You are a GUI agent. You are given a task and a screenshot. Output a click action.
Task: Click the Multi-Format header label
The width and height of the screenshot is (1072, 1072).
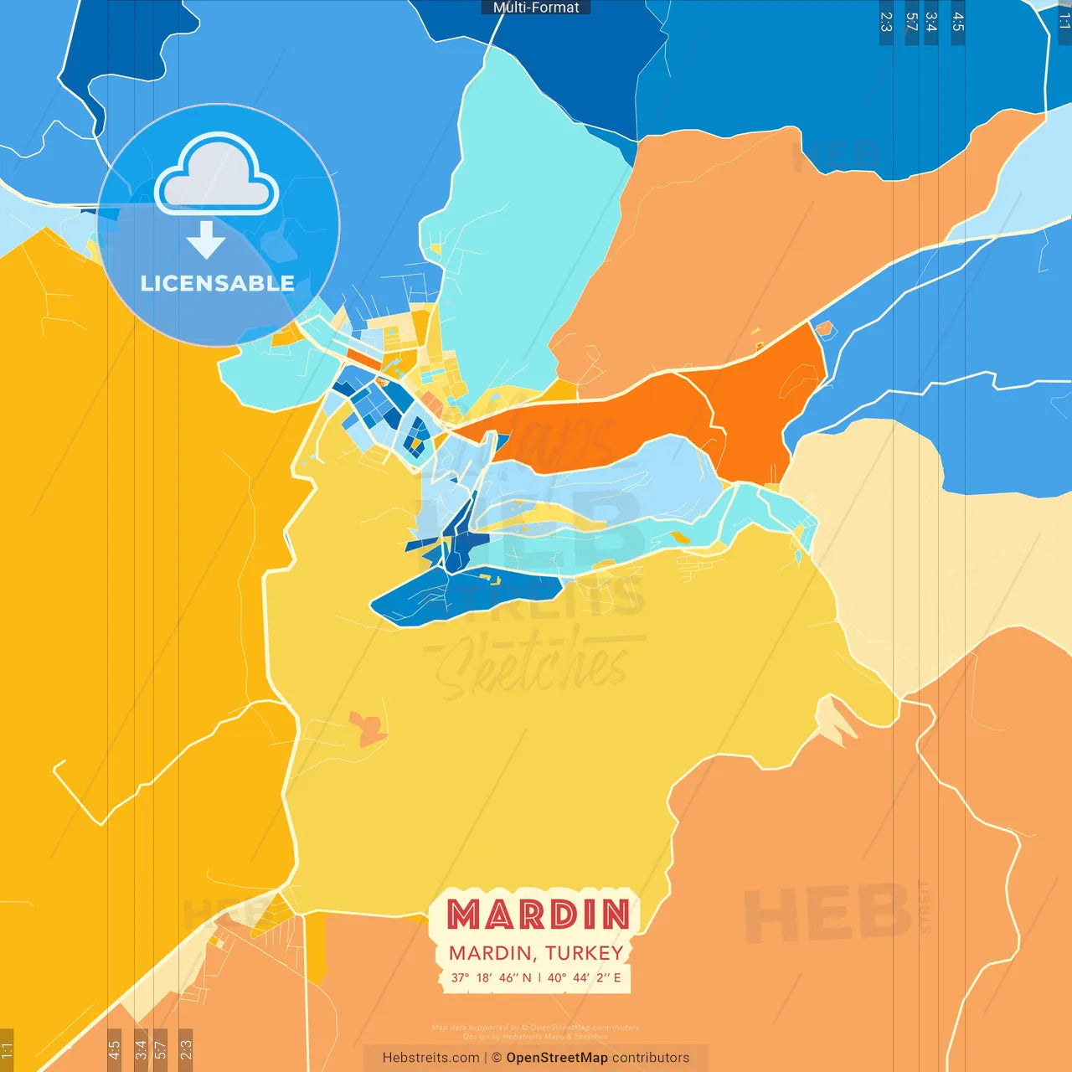pyautogui.click(x=536, y=8)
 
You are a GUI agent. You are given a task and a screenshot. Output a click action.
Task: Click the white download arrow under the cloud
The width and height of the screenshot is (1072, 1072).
pyautogui.click(x=206, y=240)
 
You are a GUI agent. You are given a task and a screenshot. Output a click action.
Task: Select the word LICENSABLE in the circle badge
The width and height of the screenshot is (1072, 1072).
pyautogui.click(x=218, y=284)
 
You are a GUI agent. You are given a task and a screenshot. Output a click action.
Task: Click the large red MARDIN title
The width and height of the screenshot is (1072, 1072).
pyautogui.click(x=538, y=915)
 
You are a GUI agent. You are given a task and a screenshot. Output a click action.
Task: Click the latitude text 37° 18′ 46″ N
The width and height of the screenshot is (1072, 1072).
pyautogui.click(x=491, y=977)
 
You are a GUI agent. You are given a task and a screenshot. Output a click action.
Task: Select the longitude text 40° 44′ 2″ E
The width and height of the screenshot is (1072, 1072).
pyautogui.click(x=585, y=977)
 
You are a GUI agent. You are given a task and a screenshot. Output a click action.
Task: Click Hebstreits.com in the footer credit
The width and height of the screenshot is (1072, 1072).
pyautogui.click(x=430, y=1058)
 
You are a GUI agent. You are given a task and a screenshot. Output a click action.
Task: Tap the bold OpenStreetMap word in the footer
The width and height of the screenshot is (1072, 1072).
pyautogui.click(x=557, y=1058)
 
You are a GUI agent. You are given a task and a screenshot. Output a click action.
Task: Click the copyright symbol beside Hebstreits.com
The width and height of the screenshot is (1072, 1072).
pyautogui.click(x=497, y=1058)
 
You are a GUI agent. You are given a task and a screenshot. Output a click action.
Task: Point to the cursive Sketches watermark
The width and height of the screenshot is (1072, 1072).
pyautogui.click(x=532, y=666)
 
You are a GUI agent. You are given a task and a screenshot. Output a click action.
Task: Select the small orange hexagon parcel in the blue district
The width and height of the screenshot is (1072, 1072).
pyautogui.click(x=824, y=328)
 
